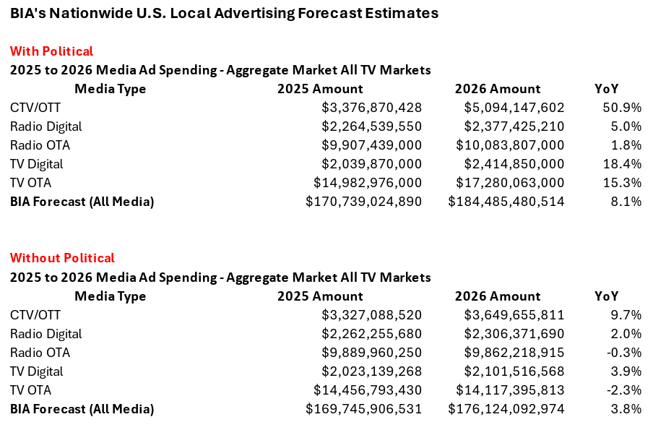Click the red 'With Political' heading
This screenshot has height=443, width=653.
pos(51,51)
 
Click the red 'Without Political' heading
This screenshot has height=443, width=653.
pos(62,258)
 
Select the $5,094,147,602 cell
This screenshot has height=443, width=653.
pos(514,108)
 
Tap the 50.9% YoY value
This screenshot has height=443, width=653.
pos(622,108)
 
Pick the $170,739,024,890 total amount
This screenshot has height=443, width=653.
pos(363,202)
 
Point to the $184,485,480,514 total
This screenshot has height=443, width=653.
pos(506,202)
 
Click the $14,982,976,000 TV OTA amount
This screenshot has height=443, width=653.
pos(367,183)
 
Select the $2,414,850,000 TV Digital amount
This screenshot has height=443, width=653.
pos(514,164)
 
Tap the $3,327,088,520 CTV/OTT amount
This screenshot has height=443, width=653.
pos(371,315)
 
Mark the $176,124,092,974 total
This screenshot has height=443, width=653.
pos(506,409)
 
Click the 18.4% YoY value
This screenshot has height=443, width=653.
pos(622,164)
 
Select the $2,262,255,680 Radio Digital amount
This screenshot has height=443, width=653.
pos(371,334)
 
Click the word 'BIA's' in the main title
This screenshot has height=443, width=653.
pos(27,13)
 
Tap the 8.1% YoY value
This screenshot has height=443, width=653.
pos(626,202)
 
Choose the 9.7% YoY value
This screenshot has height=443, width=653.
pos(626,315)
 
